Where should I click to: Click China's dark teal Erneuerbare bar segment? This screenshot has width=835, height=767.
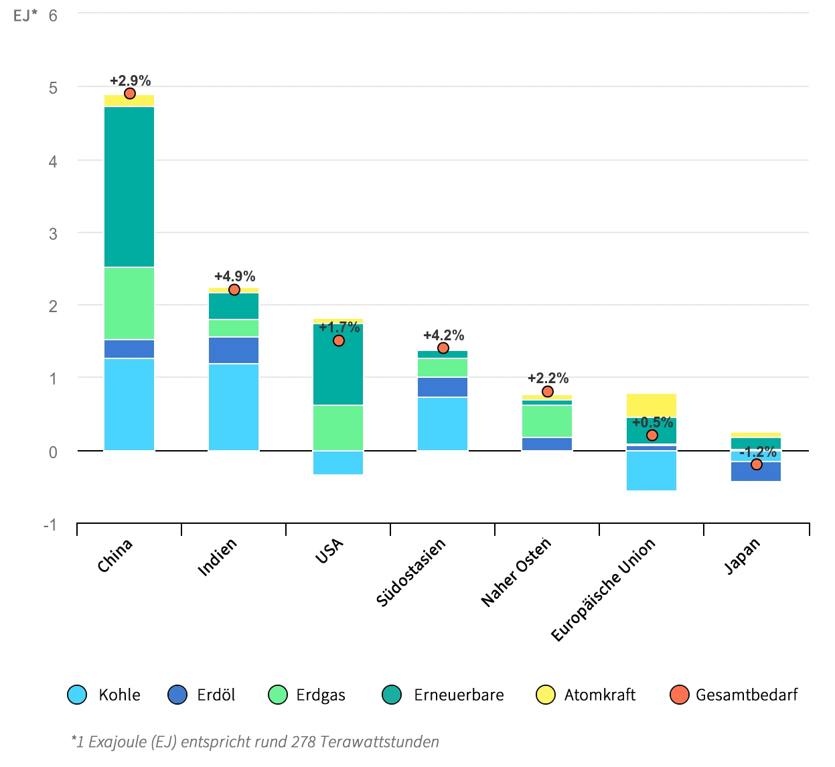tap(129, 187)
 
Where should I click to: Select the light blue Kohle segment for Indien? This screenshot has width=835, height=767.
tap(234, 407)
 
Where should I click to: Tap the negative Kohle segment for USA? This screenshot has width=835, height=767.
tap(338, 463)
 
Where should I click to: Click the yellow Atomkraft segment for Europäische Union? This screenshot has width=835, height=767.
tap(652, 405)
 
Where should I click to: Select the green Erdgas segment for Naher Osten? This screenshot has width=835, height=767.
tap(547, 421)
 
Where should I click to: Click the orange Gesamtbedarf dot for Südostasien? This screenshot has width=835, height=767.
tap(443, 348)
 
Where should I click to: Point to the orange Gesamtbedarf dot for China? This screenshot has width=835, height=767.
tap(130, 94)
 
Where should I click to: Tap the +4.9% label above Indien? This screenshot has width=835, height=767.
tap(234, 276)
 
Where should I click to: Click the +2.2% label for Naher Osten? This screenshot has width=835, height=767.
tap(548, 378)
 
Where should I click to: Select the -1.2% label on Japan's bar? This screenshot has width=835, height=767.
tap(757, 452)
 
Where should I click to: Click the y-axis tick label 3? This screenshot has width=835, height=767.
tap(53, 234)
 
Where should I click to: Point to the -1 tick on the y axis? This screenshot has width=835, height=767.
tap(50, 525)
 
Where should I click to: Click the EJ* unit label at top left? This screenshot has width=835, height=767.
tap(25, 15)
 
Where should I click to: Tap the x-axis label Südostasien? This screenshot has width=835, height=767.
tap(410, 573)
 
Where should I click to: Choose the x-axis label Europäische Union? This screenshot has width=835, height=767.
tap(603, 589)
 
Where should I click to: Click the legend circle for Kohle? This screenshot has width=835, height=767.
tap(78, 695)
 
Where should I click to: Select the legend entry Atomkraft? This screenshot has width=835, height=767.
tap(599, 695)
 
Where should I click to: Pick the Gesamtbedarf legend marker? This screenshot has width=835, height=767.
tap(680, 695)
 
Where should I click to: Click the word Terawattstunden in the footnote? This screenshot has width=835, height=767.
tap(379, 742)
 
